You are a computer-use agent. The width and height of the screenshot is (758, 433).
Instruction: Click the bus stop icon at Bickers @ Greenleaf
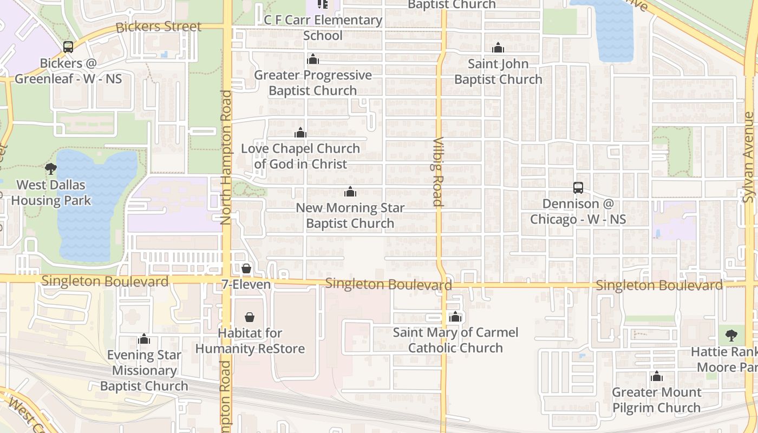click(x=68, y=47)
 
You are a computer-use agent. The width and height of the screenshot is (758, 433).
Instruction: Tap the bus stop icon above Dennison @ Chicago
click(x=578, y=188)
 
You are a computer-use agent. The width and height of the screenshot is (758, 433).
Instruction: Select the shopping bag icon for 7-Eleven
click(x=246, y=268)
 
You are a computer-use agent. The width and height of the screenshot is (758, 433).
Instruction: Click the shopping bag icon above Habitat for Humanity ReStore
click(x=250, y=317)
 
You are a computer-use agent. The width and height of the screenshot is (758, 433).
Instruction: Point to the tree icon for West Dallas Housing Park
click(x=51, y=169)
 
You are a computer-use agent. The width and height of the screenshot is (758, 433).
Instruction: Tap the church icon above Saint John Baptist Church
click(x=498, y=48)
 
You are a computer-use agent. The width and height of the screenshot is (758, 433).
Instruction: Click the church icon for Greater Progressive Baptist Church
click(x=313, y=59)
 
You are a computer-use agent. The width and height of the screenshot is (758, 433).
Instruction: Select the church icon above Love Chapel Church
click(x=300, y=133)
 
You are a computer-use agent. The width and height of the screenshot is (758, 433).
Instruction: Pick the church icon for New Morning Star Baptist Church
click(x=350, y=192)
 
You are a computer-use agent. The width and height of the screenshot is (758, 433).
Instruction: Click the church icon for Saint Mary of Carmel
click(x=455, y=317)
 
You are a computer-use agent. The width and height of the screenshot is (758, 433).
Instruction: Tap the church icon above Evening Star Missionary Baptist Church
click(x=144, y=339)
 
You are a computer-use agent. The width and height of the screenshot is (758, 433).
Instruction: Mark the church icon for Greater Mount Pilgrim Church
click(x=657, y=376)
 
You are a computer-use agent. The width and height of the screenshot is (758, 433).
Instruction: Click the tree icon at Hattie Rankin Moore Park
click(x=731, y=336)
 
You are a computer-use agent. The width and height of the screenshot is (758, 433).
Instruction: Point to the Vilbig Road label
click(x=437, y=172)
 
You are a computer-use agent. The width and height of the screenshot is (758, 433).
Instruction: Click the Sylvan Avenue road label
click(x=749, y=158)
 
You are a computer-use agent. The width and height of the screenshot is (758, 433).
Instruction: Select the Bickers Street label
click(x=159, y=27)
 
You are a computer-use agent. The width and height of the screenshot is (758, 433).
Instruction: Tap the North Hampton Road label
click(x=226, y=157)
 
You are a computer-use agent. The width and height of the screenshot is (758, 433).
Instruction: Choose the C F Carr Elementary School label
click(x=323, y=28)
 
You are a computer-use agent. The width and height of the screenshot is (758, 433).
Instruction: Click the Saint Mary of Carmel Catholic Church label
click(x=455, y=340)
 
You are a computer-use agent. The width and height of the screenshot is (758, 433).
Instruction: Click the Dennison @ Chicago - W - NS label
click(x=578, y=211)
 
